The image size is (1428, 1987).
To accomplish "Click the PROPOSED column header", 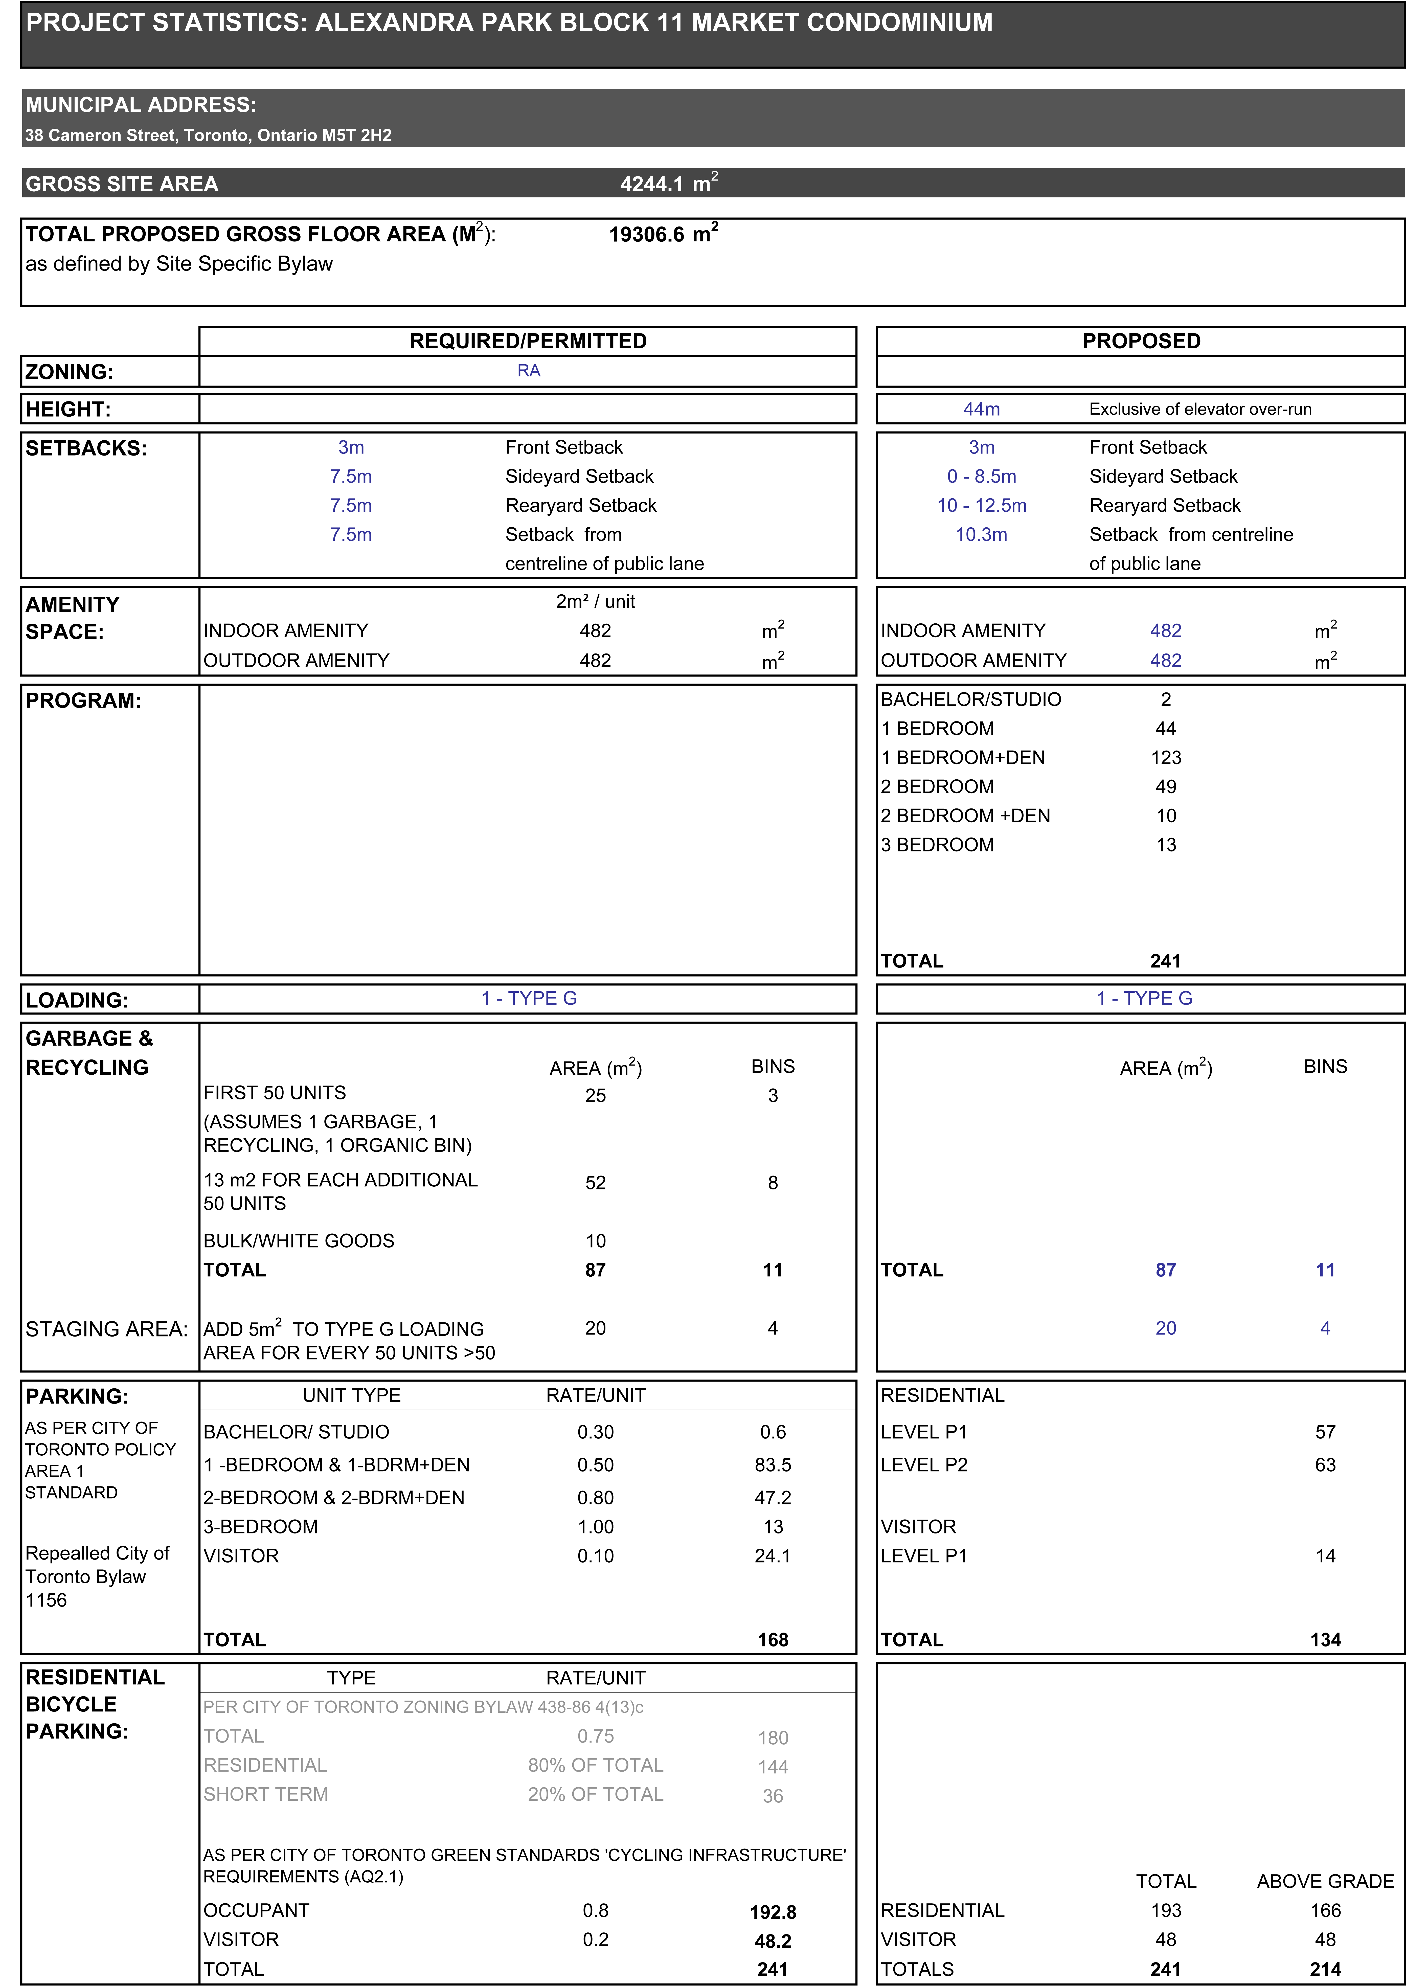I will tap(1141, 341).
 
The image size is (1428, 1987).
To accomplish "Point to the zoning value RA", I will tap(528, 371).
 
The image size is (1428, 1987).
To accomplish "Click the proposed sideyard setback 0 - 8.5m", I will tap(981, 477).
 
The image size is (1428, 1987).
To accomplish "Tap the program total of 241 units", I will tap(1165, 961).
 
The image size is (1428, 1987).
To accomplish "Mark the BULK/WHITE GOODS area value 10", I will tap(596, 1240).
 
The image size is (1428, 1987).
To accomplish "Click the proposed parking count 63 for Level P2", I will tap(1325, 1465).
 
